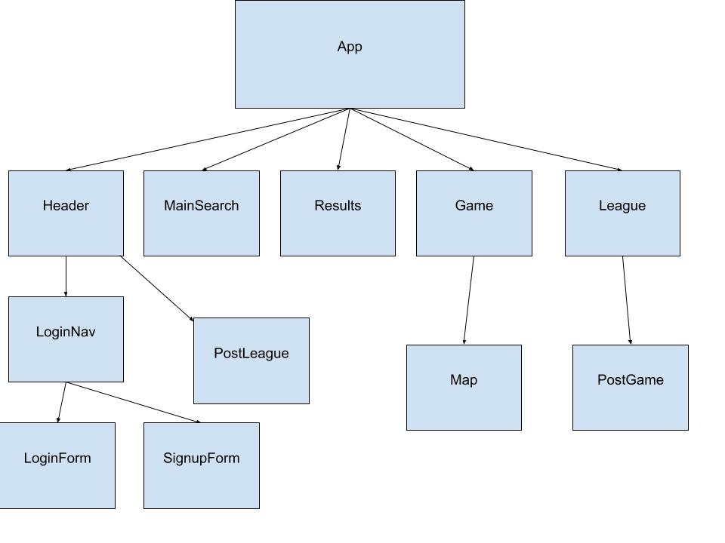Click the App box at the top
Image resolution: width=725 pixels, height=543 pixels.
pyautogui.click(x=350, y=54)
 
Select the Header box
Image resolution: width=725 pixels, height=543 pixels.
pyautogui.click(x=66, y=213)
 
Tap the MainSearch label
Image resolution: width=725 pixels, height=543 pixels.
pyautogui.click(x=202, y=206)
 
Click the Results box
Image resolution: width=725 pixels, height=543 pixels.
pyautogui.click(x=338, y=213)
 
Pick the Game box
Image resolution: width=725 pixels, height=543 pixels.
pyautogui.click(x=474, y=213)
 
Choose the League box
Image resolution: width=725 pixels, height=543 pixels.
pyautogui.click(x=622, y=213)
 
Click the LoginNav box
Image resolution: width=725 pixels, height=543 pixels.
pyautogui.click(x=66, y=339)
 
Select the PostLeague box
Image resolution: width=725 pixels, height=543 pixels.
pyautogui.click(x=251, y=360)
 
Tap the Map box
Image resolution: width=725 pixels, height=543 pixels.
pyautogui.click(x=464, y=388)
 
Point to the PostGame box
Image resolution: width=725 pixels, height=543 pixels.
pyautogui.click(x=630, y=388)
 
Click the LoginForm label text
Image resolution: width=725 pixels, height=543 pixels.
pyautogui.click(x=57, y=458)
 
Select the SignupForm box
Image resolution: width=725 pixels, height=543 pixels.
pyautogui.click(x=202, y=465)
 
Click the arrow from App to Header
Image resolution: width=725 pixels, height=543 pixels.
pyautogui.click(x=208, y=140)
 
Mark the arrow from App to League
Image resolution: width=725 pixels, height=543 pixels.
pyautogui.click(x=486, y=140)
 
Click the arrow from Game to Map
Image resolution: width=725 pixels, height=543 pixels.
pyautogui.click(x=469, y=300)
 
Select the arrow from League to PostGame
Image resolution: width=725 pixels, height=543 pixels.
pyautogui.click(x=627, y=300)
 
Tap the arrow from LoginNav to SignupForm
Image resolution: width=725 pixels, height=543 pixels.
pyautogui.click(x=133, y=402)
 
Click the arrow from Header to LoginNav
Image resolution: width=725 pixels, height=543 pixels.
pyautogui.click(x=66, y=276)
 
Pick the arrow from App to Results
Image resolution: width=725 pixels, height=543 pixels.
pyautogui.click(x=344, y=140)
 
